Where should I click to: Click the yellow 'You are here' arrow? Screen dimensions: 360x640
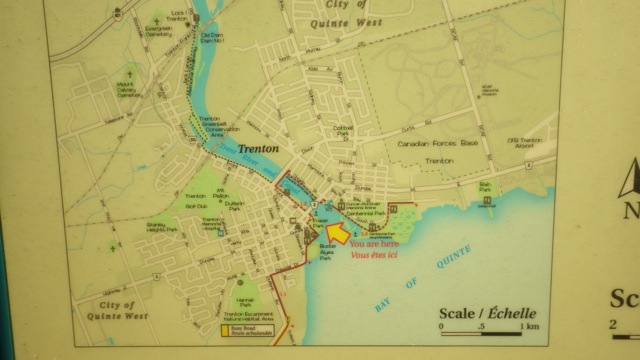pos(337,232)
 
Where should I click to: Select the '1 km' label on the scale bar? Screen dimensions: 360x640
pos(529,326)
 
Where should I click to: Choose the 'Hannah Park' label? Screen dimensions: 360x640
pos(245,302)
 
